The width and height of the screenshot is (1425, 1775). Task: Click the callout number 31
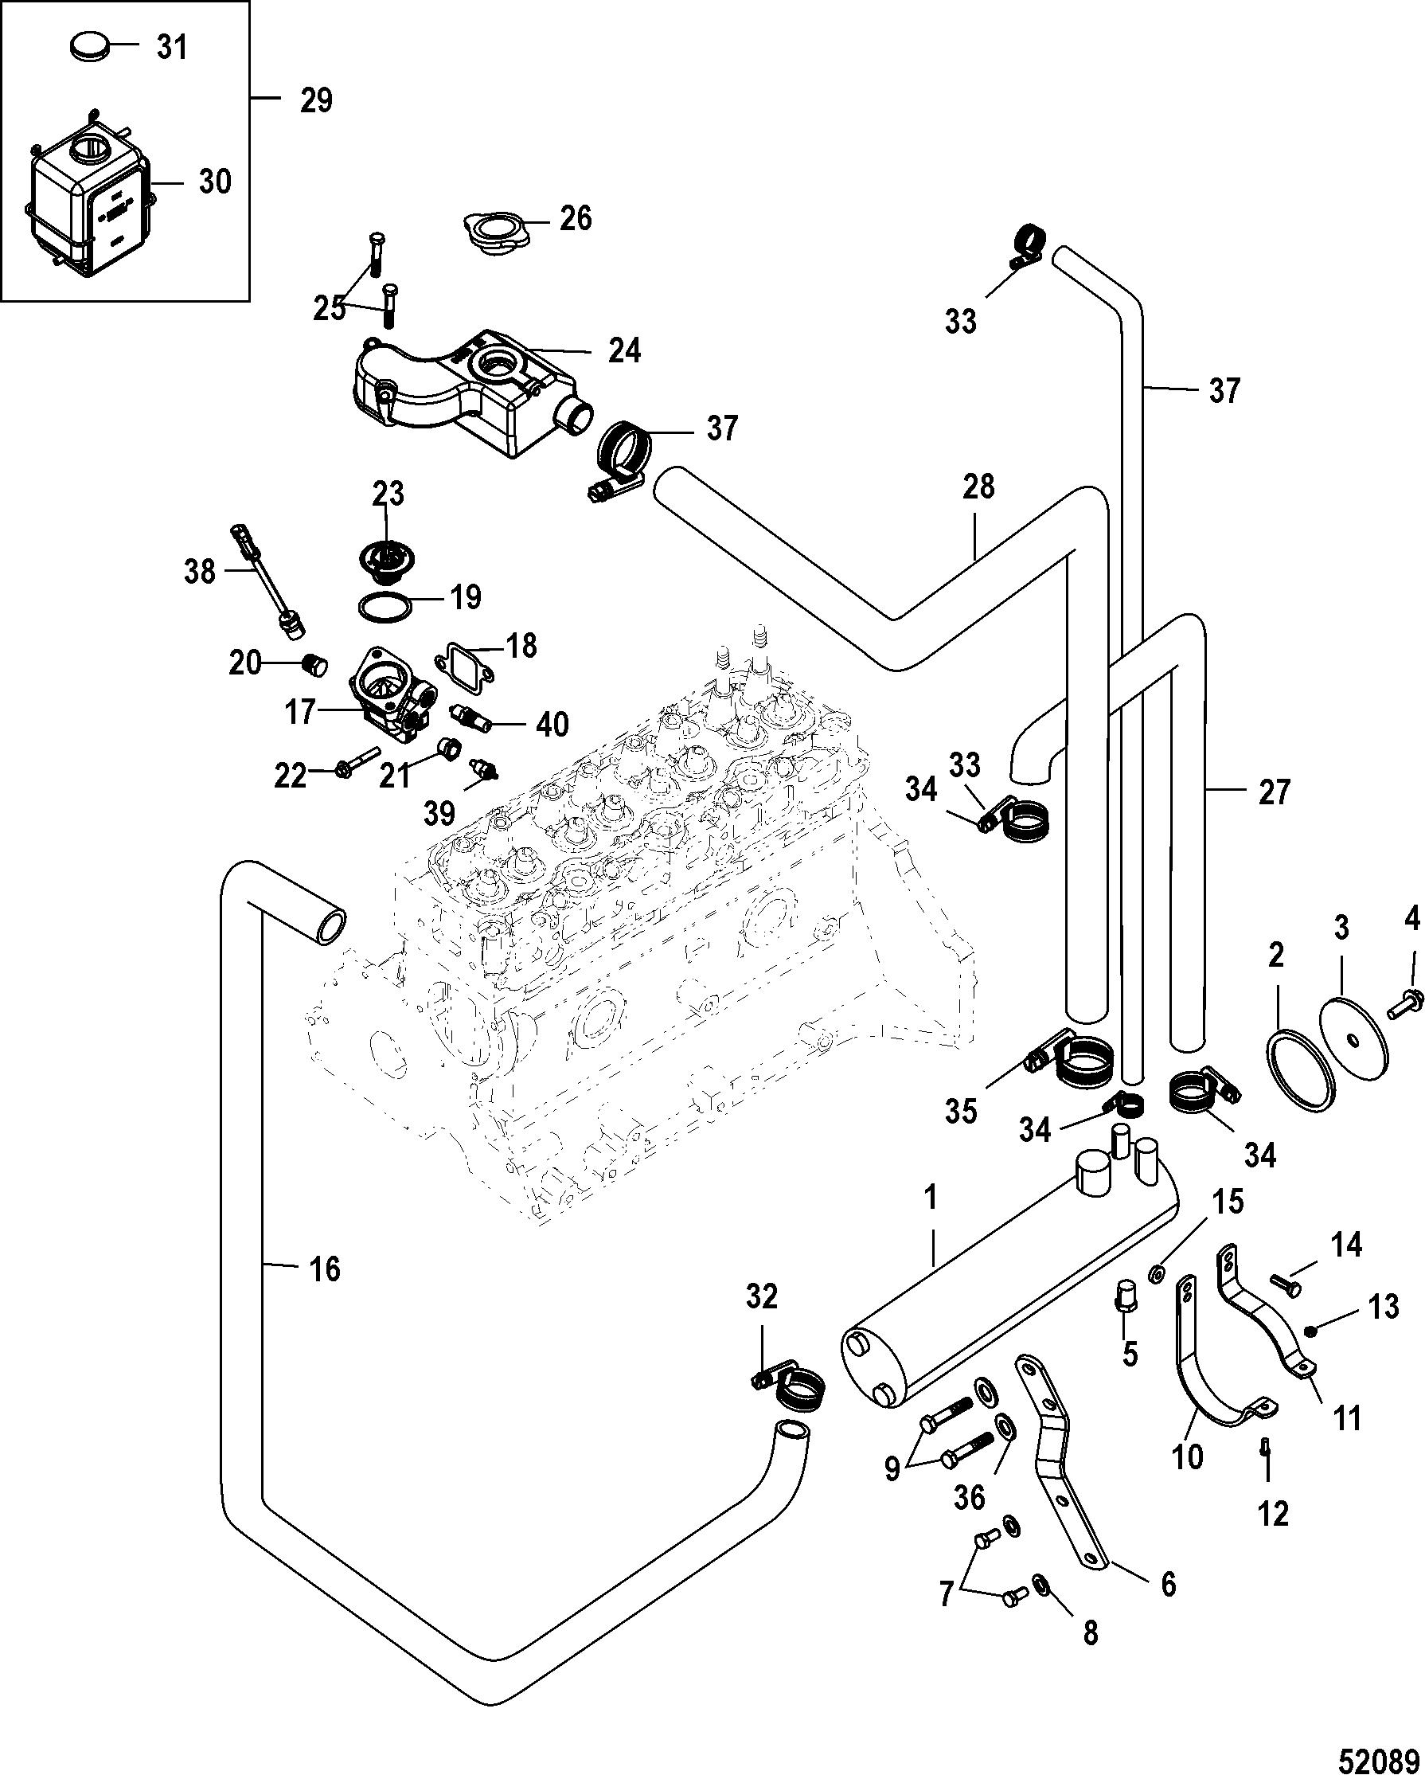[x=172, y=48]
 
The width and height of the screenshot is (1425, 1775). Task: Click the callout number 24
[x=624, y=350]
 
